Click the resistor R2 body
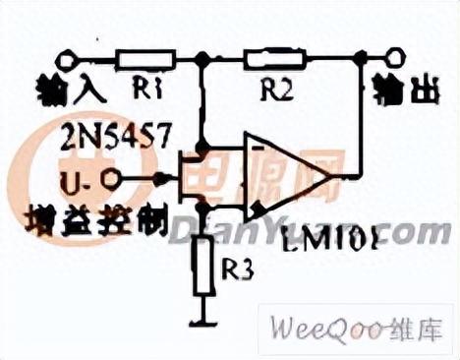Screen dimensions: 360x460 [276, 59]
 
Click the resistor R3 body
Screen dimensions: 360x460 [204, 266]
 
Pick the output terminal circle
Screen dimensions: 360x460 [396, 59]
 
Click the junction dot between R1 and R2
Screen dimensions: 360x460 [203, 60]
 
